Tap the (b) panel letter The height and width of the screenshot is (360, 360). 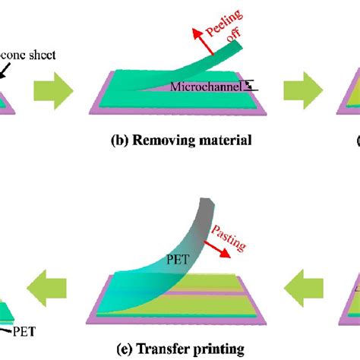(x=118, y=141)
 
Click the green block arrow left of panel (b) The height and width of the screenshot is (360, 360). (x=52, y=93)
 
